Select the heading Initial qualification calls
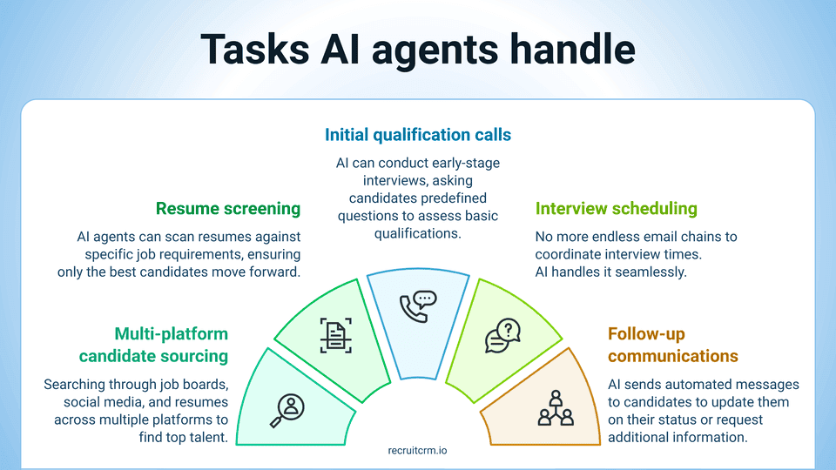pos(418,135)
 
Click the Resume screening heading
pos(228,209)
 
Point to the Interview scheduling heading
pos(617,209)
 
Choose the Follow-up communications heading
pos(672,345)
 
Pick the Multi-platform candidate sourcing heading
pos(153,345)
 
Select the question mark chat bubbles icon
pos(502,335)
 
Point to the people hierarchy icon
pos(555,407)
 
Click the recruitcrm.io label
pos(418,451)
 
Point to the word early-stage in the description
pos(463,163)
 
